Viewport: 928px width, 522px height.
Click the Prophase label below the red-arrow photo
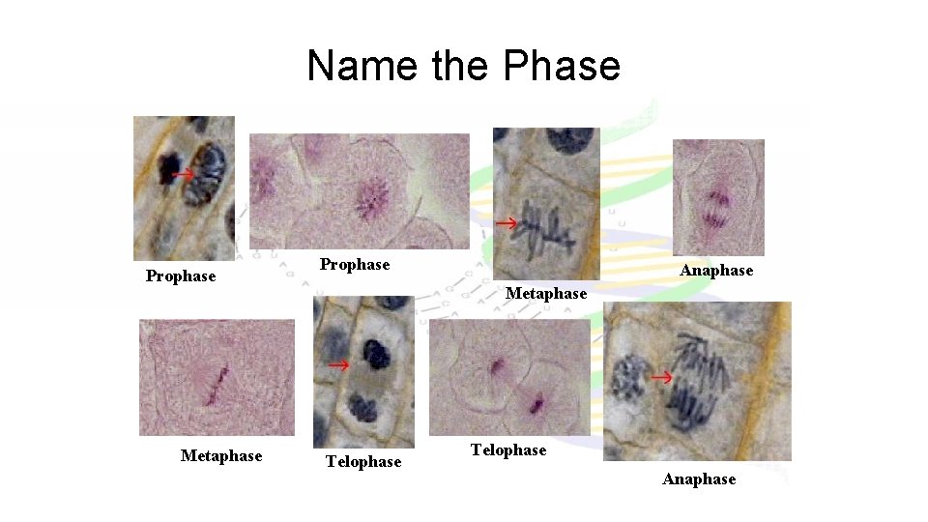tap(181, 276)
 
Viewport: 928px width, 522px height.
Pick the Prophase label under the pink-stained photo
tap(355, 265)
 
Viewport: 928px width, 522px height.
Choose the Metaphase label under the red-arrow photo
tap(546, 293)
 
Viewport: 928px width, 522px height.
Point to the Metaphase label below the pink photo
tap(221, 455)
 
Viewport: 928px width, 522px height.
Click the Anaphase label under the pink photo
tap(716, 271)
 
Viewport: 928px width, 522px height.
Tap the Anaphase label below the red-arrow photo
tap(699, 479)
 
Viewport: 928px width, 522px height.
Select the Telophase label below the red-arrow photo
tap(363, 462)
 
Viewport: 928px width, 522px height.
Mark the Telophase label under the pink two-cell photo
tap(508, 450)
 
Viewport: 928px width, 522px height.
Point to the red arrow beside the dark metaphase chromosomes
tap(507, 224)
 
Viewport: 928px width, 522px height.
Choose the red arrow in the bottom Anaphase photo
tap(661, 377)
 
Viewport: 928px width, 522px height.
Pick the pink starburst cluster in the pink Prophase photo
tap(370, 198)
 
